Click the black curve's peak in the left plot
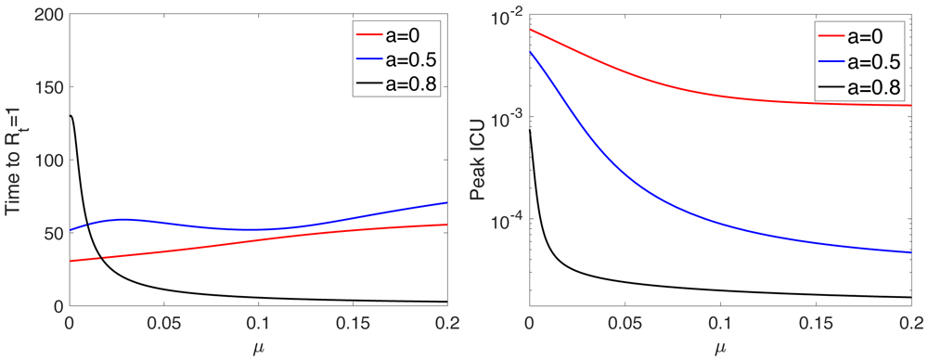point(71,116)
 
